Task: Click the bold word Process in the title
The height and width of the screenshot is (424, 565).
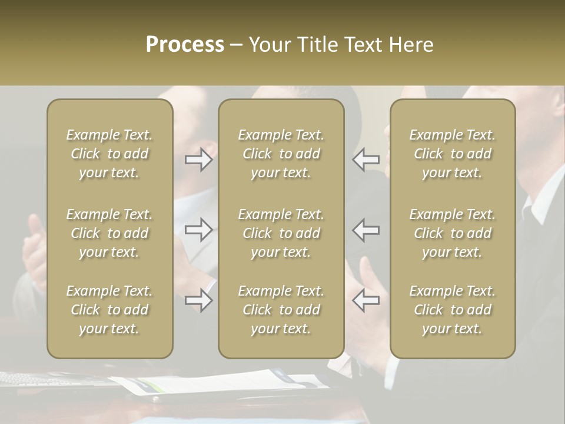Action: (x=185, y=45)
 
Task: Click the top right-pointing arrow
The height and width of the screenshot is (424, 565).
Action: (x=199, y=160)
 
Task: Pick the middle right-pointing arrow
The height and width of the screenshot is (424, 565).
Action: (x=199, y=230)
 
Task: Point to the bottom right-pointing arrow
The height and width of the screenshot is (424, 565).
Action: (x=199, y=300)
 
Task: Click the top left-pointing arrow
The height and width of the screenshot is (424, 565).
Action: (x=365, y=160)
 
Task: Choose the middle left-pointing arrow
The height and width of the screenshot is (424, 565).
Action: (x=365, y=230)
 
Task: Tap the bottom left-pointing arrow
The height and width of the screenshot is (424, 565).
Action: (x=365, y=300)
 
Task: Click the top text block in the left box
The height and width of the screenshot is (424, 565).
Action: (x=109, y=154)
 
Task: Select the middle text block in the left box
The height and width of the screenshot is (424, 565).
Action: (x=109, y=233)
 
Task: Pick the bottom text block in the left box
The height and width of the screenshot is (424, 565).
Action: (x=109, y=310)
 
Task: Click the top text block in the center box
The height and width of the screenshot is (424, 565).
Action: (x=281, y=154)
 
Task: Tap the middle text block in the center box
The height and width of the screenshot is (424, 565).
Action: (x=281, y=233)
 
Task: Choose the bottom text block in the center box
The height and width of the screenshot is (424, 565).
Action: (x=281, y=310)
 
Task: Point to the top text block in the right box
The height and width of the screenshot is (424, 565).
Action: (x=452, y=154)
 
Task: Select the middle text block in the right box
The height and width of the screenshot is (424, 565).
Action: (x=452, y=233)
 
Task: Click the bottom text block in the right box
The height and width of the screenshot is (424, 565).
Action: (x=452, y=310)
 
